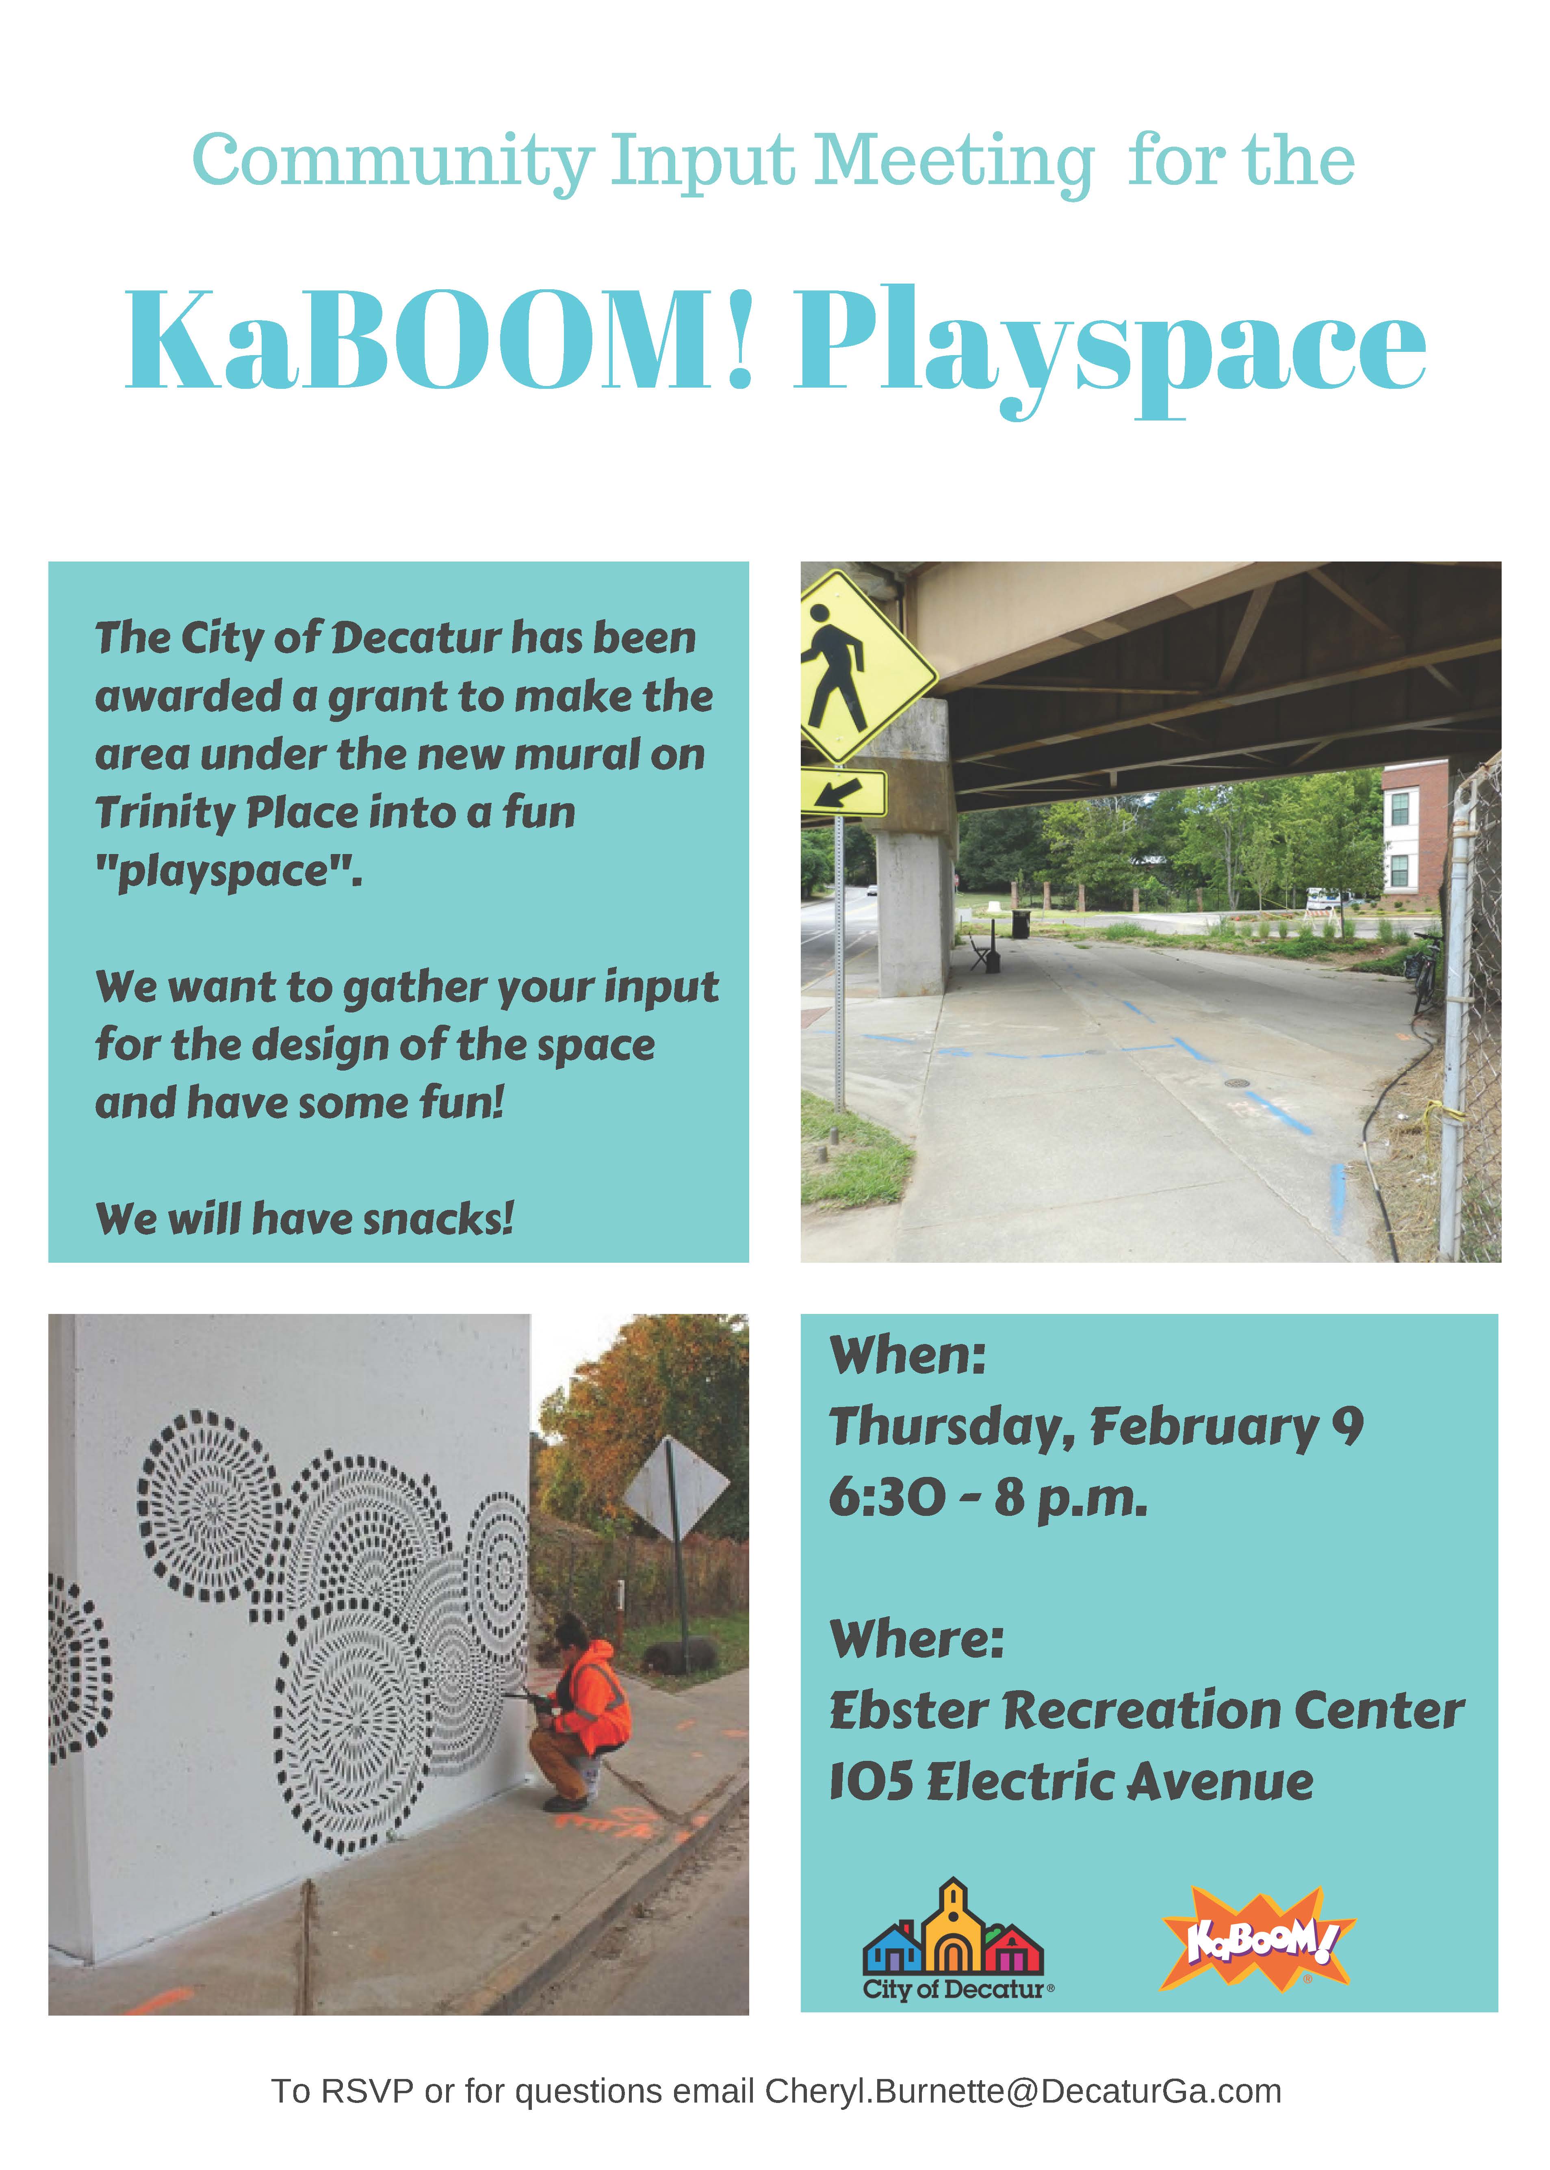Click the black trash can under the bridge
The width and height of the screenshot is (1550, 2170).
click(x=1020, y=924)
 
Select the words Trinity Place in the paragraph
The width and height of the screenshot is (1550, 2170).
click(x=227, y=813)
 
